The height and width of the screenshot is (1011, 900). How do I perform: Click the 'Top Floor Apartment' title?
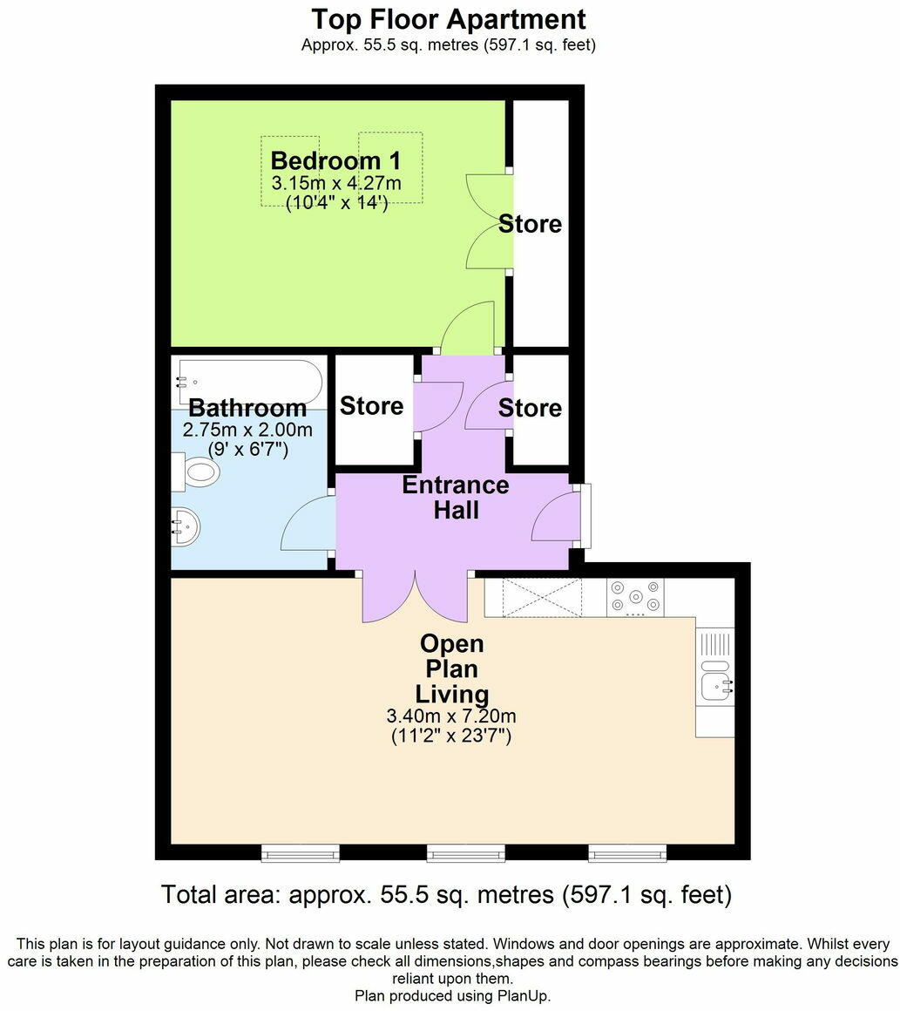click(x=449, y=18)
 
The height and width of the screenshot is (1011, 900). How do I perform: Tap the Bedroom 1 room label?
click(x=336, y=161)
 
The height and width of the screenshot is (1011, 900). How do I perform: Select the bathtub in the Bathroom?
click(x=247, y=381)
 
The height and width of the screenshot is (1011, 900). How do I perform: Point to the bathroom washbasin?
click(x=185, y=526)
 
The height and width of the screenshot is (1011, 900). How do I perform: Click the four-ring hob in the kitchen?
click(x=635, y=597)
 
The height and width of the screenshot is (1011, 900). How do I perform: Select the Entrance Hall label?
click(x=456, y=497)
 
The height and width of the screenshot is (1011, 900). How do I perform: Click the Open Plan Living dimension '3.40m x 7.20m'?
click(x=451, y=716)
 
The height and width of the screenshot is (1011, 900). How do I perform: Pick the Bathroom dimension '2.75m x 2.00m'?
click(x=247, y=430)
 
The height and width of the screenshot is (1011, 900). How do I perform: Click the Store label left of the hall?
click(x=372, y=406)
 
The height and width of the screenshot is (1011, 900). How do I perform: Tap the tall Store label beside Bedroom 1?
click(x=530, y=224)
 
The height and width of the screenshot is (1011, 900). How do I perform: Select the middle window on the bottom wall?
click(x=465, y=853)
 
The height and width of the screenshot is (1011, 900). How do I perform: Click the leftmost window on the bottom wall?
click(x=301, y=853)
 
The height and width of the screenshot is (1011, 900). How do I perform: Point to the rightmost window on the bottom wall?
click(x=627, y=853)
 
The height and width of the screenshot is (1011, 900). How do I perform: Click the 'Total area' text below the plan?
click(x=446, y=895)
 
